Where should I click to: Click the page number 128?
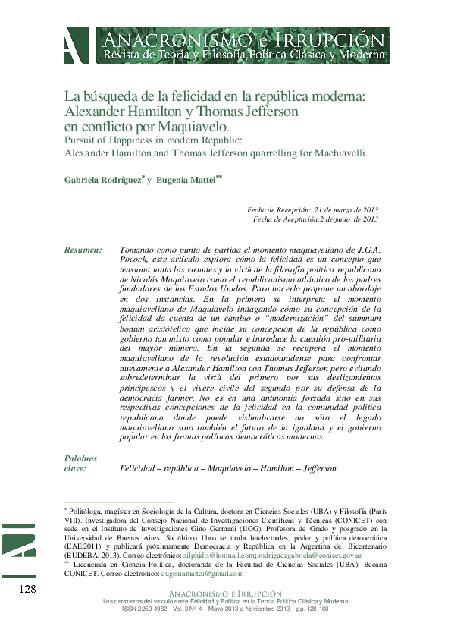pyautogui.click(x=27, y=590)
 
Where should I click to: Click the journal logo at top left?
pyautogui.click(x=76, y=46)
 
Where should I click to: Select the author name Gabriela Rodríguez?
pyautogui.click(x=102, y=180)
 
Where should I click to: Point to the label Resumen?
pyautogui.click(x=83, y=250)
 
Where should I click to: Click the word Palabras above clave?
pyautogui.click(x=80, y=458)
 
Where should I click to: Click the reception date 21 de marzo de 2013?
pyautogui.click(x=346, y=209)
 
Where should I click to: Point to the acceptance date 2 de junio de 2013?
pyautogui.click(x=349, y=219)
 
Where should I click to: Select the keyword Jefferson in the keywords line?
pyautogui.click(x=318, y=468)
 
